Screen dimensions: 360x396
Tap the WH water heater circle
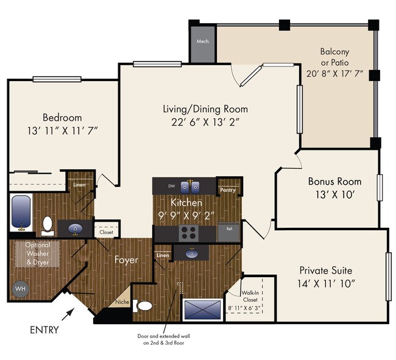click(x=19, y=288)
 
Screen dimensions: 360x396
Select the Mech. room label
click(x=202, y=41)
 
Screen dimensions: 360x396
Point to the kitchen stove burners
click(x=189, y=231)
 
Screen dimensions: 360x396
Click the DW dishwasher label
click(x=172, y=185)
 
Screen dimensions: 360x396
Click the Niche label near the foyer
click(x=121, y=301)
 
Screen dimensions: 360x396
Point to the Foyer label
click(x=126, y=259)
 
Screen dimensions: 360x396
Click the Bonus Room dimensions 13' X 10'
click(x=334, y=196)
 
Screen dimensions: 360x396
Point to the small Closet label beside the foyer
click(x=106, y=232)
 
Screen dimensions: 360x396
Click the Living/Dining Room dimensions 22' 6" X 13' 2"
click(x=205, y=122)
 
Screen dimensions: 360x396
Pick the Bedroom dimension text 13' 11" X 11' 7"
click(x=62, y=130)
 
